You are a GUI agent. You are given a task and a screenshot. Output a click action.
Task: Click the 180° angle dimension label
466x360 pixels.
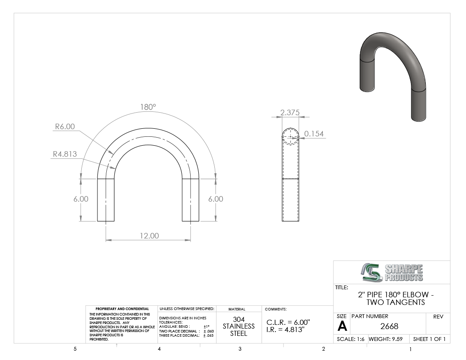(x=148, y=107)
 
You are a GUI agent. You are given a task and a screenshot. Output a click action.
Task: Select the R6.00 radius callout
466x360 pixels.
(x=65, y=127)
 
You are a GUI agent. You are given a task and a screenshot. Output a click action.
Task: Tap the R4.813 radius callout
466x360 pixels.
(x=65, y=154)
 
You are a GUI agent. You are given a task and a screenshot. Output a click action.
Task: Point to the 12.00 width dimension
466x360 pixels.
(x=149, y=235)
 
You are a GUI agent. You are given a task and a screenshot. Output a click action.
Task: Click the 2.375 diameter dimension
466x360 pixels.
(x=290, y=112)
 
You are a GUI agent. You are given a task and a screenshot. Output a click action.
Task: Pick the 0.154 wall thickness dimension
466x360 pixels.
(x=314, y=134)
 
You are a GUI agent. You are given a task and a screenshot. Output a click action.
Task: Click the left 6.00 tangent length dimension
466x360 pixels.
(x=81, y=199)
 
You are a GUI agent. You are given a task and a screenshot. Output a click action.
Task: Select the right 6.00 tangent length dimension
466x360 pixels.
(x=216, y=199)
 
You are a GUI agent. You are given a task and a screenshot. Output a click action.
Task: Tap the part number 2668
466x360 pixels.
(x=389, y=326)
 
